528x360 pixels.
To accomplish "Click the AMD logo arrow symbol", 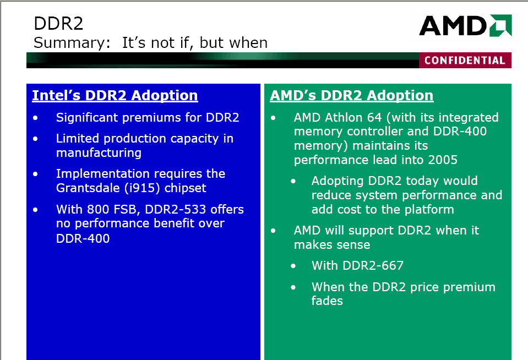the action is click(500, 25).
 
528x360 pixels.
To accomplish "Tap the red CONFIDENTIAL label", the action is click(465, 61).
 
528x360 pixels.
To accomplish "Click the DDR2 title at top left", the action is click(58, 24).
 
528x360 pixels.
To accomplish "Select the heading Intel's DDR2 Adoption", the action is click(115, 95).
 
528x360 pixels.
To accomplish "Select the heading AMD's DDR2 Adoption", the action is click(352, 95).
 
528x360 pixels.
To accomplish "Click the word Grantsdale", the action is click(88, 188).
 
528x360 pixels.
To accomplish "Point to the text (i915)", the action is click(142, 188).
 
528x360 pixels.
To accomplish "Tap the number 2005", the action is click(443, 160).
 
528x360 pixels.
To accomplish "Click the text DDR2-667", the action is click(373, 265).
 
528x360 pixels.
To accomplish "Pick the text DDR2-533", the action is click(175, 210).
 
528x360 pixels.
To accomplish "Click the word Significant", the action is click(87, 118).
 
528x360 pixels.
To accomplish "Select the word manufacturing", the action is click(99, 153).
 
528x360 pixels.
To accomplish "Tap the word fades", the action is click(327, 301).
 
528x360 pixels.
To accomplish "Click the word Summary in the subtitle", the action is click(70, 43).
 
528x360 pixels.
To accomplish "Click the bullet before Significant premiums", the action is click(35, 118).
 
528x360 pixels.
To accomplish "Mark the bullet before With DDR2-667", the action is click(293, 266).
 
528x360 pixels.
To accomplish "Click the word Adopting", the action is click(338, 181).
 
